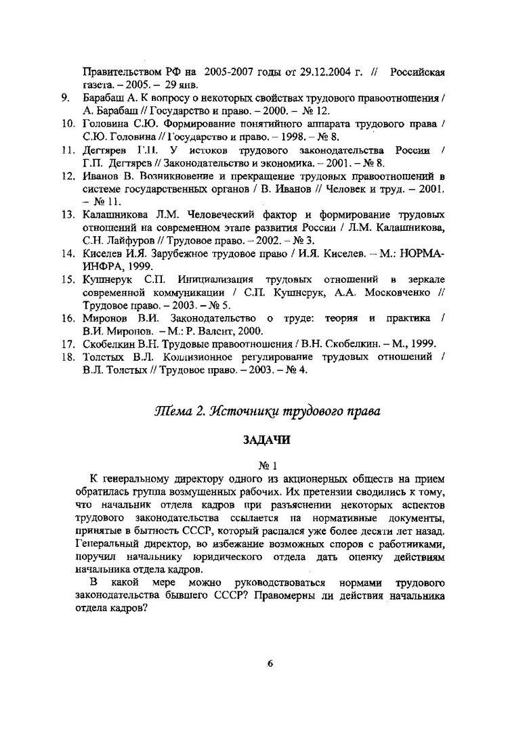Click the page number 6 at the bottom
[270, 664]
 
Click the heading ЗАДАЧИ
[266, 440]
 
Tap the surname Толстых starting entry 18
[105, 358]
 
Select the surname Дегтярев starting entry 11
[106, 150]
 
